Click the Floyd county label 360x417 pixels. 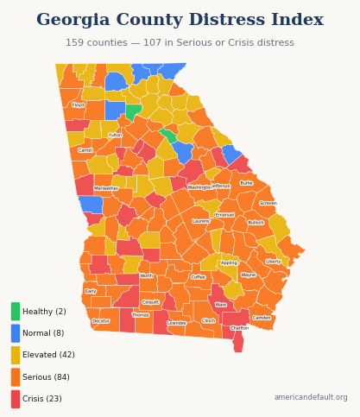(x=78, y=105)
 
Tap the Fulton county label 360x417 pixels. (x=115, y=136)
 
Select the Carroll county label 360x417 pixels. (x=85, y=150)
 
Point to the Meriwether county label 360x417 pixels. (x=106, y=188)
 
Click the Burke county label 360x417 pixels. (x=246, y=183)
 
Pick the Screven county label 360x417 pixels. (x=268, y=204)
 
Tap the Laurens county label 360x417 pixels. (x=200, y=222)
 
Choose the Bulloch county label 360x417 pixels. (x=256, y=223)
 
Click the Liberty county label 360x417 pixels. (x=273, y=262)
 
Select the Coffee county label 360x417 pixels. (x=198, y=277)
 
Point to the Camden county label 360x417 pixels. (x=262, y=318)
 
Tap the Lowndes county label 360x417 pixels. (x=176, y=323)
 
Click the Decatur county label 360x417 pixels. (x=101, y=321)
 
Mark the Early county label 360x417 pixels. (x=91, y=292)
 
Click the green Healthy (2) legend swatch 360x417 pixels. (x=16, y=312)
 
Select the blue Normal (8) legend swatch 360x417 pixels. (x=16, y=333)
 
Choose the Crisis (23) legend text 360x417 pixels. (x=42, y=399)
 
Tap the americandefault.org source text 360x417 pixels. (x=311, y=398)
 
